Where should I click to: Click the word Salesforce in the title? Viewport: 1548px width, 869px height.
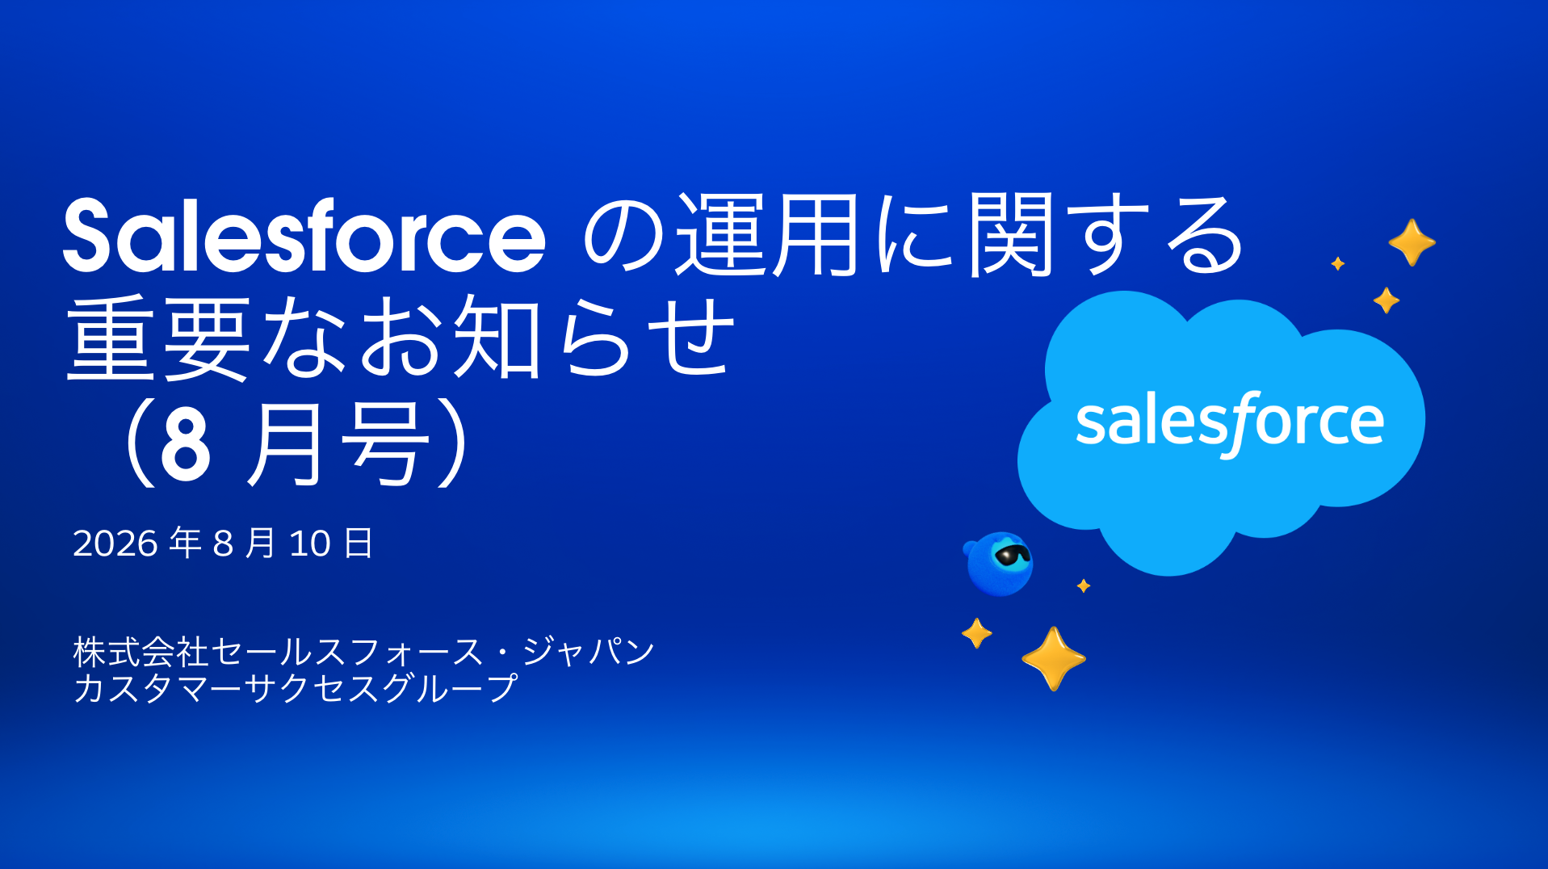click(x=304, y=235)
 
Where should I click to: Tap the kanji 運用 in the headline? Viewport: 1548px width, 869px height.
click(x=767, y=235)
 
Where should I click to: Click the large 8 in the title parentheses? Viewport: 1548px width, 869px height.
click(x=186, y=444)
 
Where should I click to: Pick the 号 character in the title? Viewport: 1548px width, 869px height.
click(x=384, y=444)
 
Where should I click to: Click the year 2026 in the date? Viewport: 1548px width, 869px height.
click(x=115, y=544)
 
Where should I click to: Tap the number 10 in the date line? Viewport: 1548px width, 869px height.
click(x=310, y=544)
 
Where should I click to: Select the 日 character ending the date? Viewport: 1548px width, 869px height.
click(x=359, y=543)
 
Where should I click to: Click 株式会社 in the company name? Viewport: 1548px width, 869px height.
click(x=141, y=652)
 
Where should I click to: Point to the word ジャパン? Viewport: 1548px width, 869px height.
click(x=589, y=651)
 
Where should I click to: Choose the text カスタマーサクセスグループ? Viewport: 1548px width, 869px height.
click(x=296, y=688)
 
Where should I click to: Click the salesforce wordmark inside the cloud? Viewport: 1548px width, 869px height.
click(x=1230, y=422)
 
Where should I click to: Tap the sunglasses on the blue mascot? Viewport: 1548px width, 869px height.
click(x=1013, y=555)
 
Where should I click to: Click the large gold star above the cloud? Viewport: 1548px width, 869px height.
click(x=1412, y=242)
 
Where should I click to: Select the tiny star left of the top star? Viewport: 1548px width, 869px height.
click(x=1338, y=263)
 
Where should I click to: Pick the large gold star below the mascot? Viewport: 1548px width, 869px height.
click(x=1054, y=659)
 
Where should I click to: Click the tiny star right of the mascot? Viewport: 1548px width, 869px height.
click(x=1084, y=586)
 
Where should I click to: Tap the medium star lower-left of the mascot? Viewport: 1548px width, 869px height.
click(x=977, y=633)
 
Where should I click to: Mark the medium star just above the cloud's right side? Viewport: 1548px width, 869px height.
click(x=1386, y=300)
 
